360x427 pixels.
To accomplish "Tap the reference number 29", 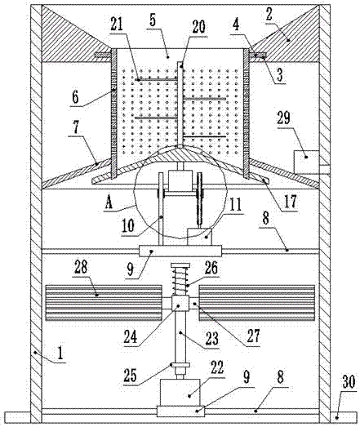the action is [x=284, y=118].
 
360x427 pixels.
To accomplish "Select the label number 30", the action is [x=349, y=382].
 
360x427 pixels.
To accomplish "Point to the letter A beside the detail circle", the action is [x=109, y=203].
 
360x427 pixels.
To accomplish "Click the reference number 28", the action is [x=81, y=267].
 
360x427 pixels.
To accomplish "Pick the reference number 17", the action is [x=290, y=202].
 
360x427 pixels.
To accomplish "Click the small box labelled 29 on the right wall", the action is [x=306, y=162].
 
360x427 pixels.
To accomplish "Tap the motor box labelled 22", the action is [x=180, y=393].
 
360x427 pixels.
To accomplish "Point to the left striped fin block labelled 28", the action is [x=104, y=303].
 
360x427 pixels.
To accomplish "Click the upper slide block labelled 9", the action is [x=180, y=251].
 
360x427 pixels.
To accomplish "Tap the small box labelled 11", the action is [x=199, y=237].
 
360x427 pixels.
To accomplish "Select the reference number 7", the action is [x=75, y=127].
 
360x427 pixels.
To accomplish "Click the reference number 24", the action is [x=131, y=337].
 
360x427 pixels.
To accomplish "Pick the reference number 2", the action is [x=269, y=15].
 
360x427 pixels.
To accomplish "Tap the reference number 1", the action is [x=60, y=354].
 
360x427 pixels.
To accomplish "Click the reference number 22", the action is [x=217, y=367].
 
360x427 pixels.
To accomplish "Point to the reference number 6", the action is [x=75, y=97].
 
